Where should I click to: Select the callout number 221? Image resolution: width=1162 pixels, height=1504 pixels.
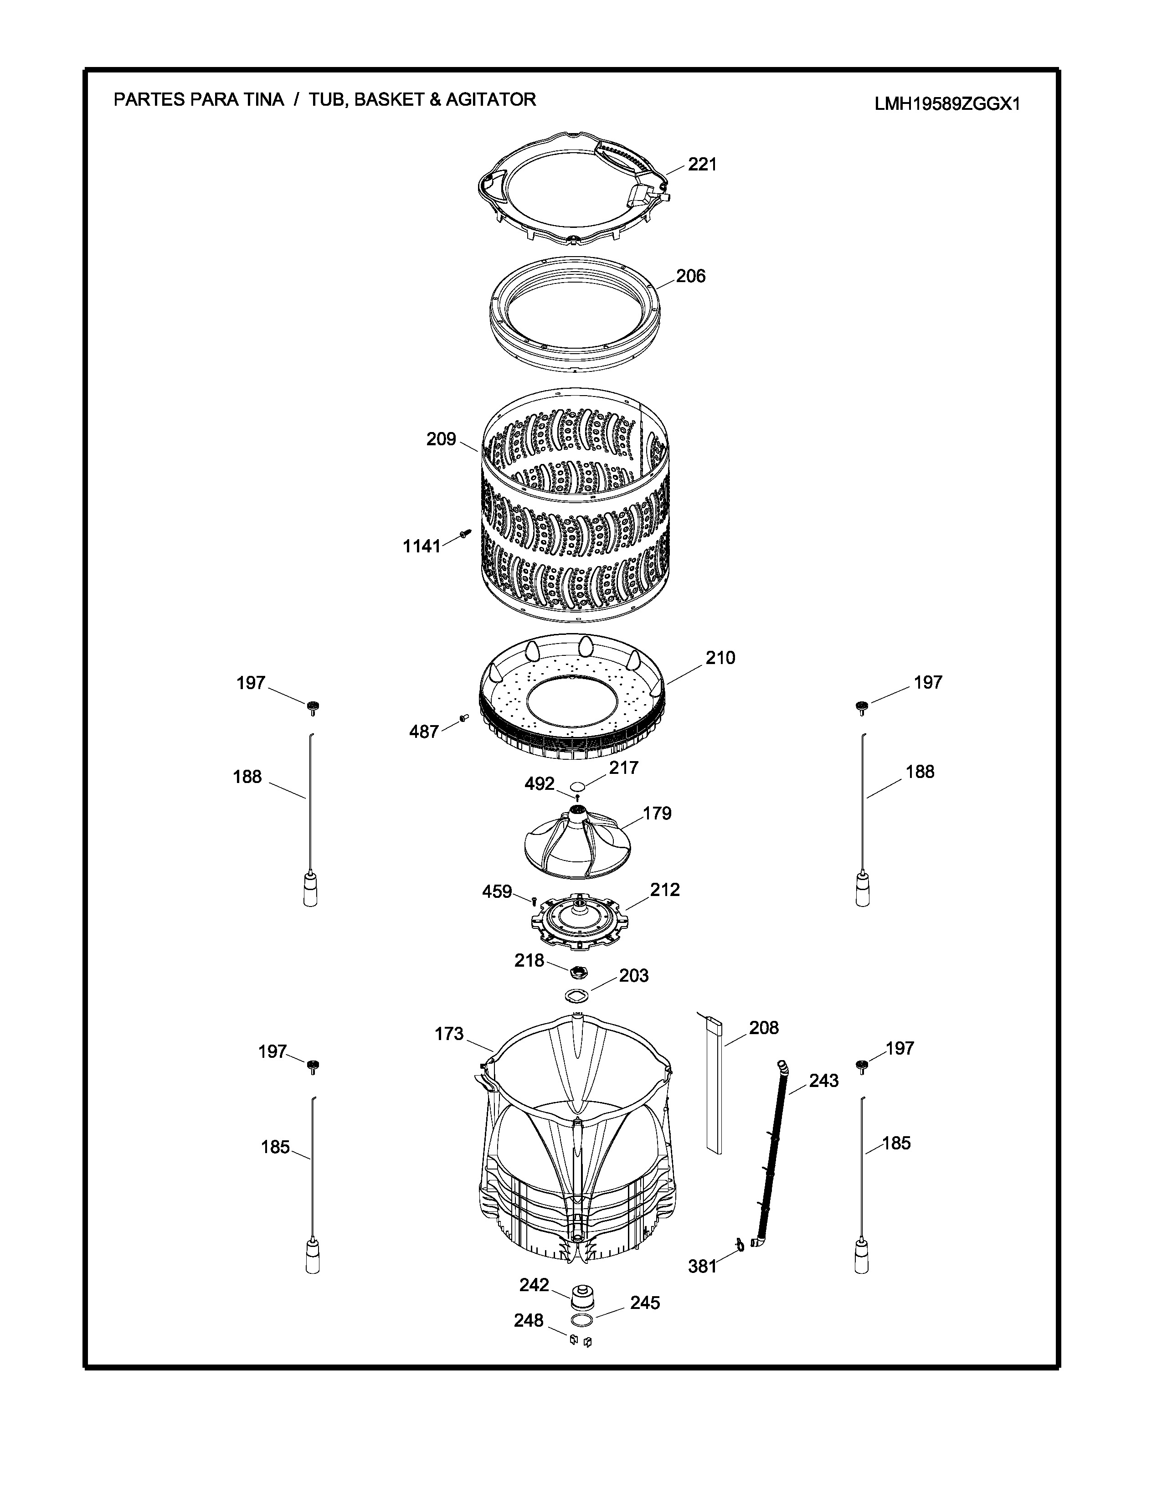pos(702,165)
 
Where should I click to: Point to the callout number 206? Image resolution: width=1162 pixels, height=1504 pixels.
pos(690,276)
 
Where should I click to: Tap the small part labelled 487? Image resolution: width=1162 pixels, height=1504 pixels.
pos(463,717)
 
